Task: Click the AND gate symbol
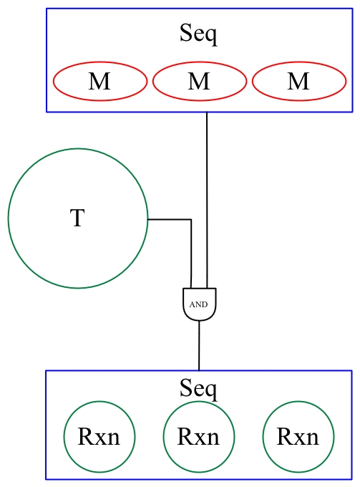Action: click(x=200, y=304)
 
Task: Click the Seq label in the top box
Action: click(x=198, y=34)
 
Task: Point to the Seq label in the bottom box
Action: click(x=198, y=389)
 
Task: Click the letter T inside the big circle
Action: click(x=77, y=218)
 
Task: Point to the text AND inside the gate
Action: click(x=199, y=304)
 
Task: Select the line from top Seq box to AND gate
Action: click(x=207, y=200)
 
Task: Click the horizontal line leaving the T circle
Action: click(x=170, y=220)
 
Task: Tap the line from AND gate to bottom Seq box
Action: click(x=199, y=345)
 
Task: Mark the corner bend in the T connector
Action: click(x=191, y=220)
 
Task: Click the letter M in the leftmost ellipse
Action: click(x=99, y=82)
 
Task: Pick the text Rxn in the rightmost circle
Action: click(x=298, y=437)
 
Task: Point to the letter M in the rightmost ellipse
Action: click(x=298, y=82)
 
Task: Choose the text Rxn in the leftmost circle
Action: click(x=99, y=437)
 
